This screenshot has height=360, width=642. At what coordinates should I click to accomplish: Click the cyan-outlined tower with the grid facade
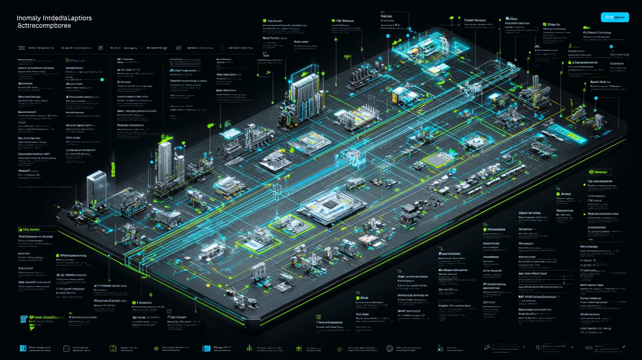pyautogui.click(x=304, y=93)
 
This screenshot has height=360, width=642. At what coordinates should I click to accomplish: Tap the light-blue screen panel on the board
pyautogui.click(x=231, y=133)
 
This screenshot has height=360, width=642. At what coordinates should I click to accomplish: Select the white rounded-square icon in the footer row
pyautogui.click(x=67, y=349)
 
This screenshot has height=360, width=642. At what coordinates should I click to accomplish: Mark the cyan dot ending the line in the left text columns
pyautogui.click(x=102, y=79)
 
